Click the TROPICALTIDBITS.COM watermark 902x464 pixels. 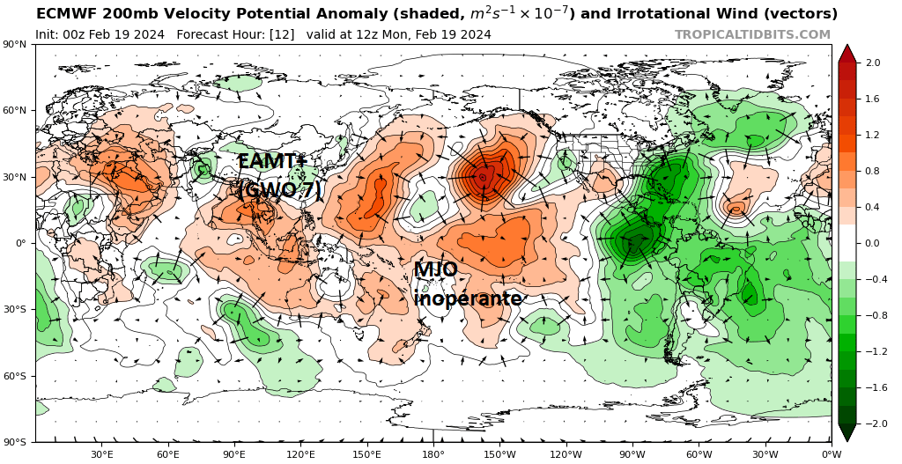752,34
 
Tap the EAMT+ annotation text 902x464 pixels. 270,162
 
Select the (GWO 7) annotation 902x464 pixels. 279,190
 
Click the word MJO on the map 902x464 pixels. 435,270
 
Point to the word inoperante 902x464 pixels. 468,298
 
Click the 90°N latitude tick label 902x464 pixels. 16,45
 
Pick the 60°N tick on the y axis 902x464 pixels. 16,111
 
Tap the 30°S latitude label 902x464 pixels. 16,310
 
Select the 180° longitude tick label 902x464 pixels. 433,454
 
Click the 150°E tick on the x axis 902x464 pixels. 366,454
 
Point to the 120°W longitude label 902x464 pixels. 566,454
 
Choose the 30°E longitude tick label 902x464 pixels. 101,454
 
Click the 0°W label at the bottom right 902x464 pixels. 831,454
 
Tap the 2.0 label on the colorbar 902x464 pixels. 873,63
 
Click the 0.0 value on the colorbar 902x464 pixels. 873,243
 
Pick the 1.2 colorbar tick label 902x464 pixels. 873,135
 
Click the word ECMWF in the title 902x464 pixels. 65,14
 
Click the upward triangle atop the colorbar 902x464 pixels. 847,53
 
